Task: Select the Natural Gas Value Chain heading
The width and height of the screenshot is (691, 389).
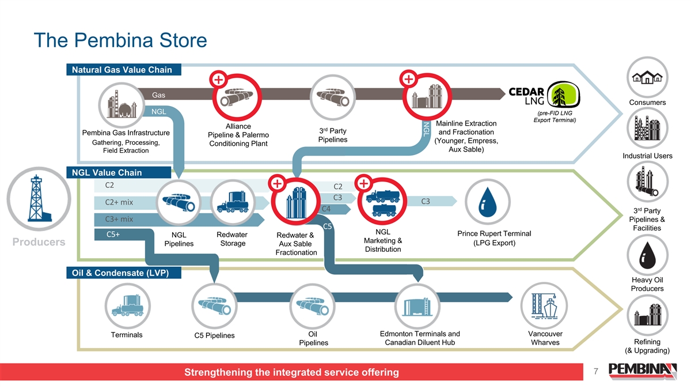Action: [122, 70]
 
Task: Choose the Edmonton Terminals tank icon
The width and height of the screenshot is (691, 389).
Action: [416, 306]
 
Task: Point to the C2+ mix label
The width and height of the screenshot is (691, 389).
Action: [120, 202]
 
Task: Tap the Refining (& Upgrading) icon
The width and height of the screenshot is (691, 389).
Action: [648, 316]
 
